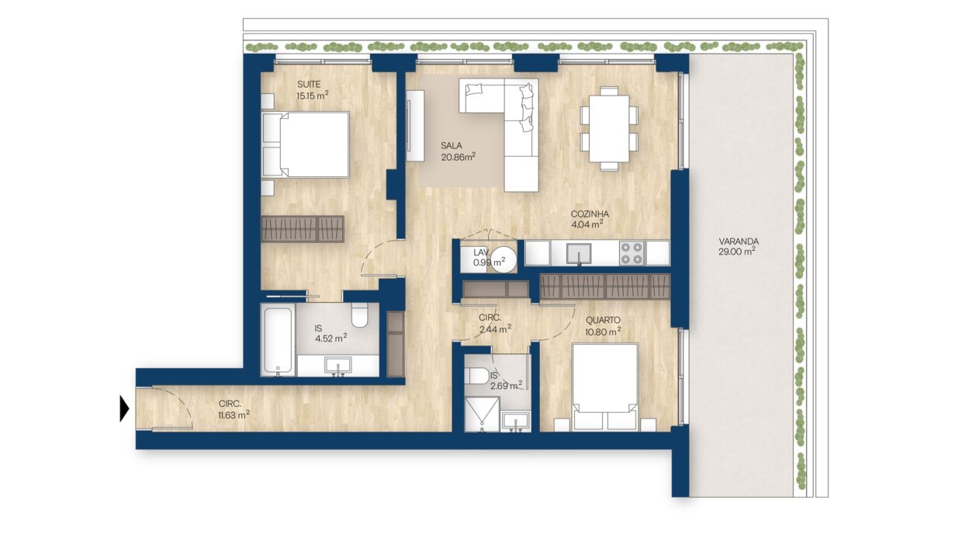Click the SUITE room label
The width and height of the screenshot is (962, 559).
308,84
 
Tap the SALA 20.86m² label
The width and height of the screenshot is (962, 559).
459,151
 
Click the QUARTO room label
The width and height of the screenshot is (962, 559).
603,320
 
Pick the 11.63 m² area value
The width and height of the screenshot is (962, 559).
234,415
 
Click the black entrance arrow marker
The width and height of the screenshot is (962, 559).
124,408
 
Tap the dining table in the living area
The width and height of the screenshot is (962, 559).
609,128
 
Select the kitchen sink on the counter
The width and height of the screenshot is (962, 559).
580,253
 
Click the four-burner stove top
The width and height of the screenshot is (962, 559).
632,253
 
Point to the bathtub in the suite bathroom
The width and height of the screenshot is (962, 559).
279,340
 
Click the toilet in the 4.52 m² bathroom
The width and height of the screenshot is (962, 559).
359,316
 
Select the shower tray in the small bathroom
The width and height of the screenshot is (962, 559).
483,414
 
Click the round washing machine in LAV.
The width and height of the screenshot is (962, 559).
503,259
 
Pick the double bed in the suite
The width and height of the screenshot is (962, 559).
306,144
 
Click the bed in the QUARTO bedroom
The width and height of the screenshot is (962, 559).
604,387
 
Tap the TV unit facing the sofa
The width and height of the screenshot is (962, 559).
415,126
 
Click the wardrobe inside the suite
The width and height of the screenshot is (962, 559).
303,228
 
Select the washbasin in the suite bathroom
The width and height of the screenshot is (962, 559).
338,366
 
